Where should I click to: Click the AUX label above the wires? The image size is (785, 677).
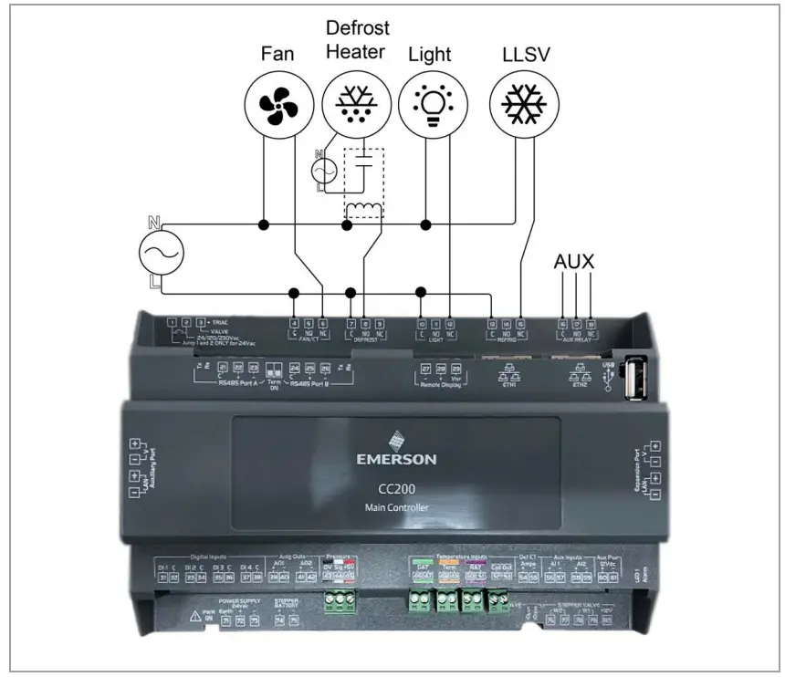(574, 263)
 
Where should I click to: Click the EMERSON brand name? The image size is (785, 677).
(396, 458)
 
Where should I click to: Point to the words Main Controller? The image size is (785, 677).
(396, 506)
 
